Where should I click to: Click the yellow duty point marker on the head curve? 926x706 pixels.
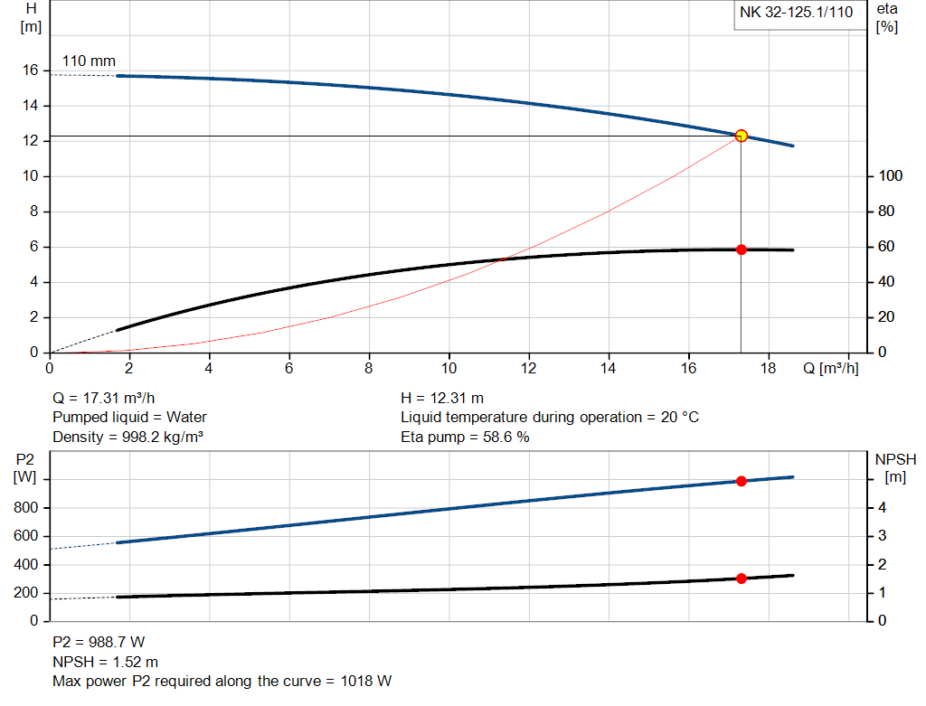pyautogui.click(x=742, y=136)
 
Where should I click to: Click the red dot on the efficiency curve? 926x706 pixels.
pyautogui.click(x=742, y=249)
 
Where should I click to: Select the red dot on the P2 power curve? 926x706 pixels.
pyautogui.click(x=742, y=481)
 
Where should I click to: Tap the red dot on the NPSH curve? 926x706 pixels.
pyautogui.click(x=742, y=579)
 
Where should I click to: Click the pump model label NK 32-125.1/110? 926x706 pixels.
pyautogui.click(x=796, y=14)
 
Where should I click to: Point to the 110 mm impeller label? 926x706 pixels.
pyautogui.click(x=89, y=61)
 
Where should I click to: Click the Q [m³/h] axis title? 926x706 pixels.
pyautogui.click(x=830, y=369)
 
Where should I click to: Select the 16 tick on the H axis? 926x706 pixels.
pyautogui.click(x=30, y=71)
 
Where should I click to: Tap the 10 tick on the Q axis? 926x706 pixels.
pyautogui.click(x=449, y=369)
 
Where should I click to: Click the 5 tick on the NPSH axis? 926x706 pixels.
pyautogui.click(x=884, y=480)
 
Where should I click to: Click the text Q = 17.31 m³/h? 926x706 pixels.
pyautogui.click(x=109, y=398)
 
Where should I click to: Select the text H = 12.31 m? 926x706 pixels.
pyautogui.click(x=442, y=398)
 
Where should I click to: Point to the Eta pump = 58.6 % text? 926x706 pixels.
pyautogui.click(x=465, y=437)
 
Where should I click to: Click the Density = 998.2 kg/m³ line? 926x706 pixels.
pyautogui.click(x=128, y=437)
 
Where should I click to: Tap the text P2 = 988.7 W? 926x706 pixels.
pyautogui.click(x=99, y=642)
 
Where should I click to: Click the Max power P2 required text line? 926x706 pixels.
pyautogui.click(x=222, y=681)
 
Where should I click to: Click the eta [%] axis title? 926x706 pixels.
pyautogui.click(x=887, y=17)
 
